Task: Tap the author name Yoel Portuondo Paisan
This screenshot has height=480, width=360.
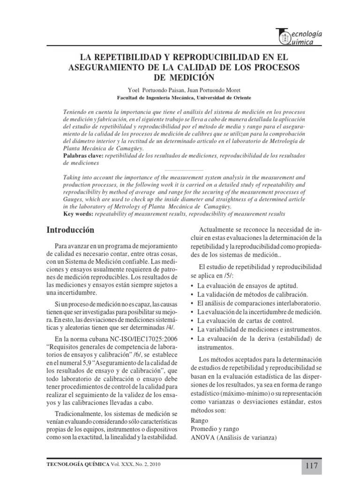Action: [x=142, y=89]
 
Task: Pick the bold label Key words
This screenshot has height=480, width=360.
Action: [x=78, y=214]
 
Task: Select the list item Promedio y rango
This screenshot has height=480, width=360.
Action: [x=215, y=429]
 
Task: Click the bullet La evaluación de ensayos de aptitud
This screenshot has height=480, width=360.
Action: [x=247, y=285]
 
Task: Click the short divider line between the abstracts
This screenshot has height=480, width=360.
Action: [x=183, y=169]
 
